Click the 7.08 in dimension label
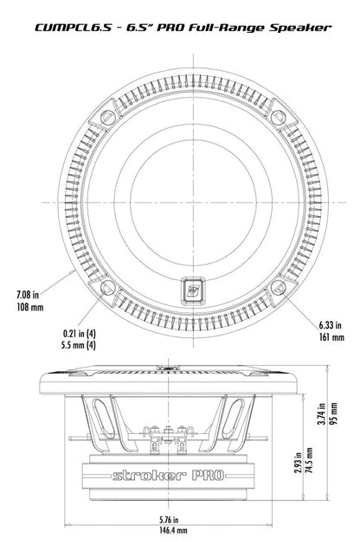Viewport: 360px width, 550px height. pyautogui.click(x=28, y=294)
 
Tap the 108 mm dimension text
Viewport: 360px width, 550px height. pyautogui.click(x=30, y=307)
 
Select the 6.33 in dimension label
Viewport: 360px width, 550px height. pyautogui.click(x=330, y=325)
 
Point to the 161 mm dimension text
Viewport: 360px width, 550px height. pyautogui.click(x=331, y=338)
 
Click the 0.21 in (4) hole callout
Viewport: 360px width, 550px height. pyautogui.click(x=79, y=333)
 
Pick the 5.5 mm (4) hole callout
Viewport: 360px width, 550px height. pyautogui.click(x=78, y=345)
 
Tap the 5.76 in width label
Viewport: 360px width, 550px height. pyautogui.click(x=169, y=519)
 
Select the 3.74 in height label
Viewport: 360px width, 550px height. pyautogui.click(x=321, y=413)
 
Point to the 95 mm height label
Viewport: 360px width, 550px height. pyautogui.click(x=334, y=414)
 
